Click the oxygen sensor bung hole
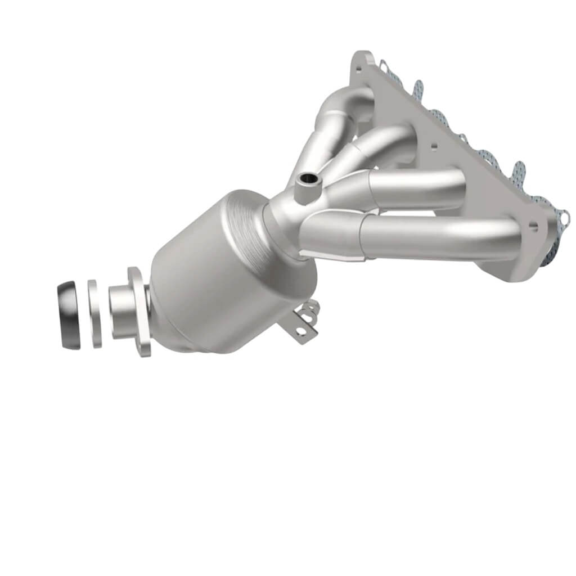[307, 181]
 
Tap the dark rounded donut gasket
[69, 316]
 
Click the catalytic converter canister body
[225, 281]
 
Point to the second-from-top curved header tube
[388, 138]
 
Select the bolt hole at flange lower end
[532, 226]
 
